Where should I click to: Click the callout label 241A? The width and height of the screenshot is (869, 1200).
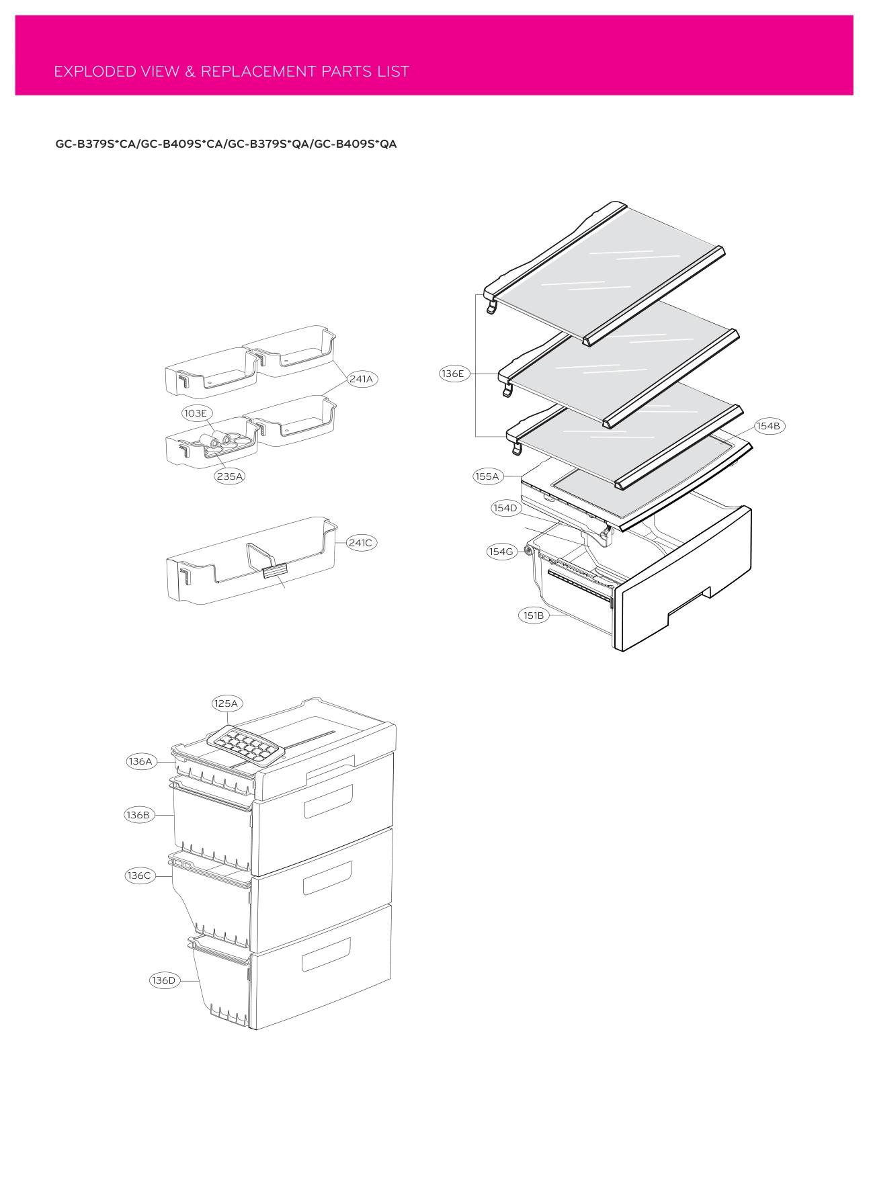361,379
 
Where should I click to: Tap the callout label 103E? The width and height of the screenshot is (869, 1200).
196,413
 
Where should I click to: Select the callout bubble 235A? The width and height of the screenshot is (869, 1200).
230,476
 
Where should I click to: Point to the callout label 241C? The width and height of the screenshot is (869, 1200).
361,543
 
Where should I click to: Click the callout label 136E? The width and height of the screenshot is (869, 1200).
453,374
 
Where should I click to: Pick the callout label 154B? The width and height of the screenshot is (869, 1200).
768,426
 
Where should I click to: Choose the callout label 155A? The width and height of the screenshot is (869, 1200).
487,476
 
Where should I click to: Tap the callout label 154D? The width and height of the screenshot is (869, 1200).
505,508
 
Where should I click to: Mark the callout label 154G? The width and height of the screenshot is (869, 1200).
501,552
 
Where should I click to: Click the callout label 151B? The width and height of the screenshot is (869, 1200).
534,615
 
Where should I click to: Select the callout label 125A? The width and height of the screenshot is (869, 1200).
226,703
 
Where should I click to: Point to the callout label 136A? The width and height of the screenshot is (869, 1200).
140,761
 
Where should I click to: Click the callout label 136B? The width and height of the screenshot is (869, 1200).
138,815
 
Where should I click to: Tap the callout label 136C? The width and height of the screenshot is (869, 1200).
139,875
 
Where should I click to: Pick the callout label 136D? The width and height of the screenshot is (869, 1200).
163,980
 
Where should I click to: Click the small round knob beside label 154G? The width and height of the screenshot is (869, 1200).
528,551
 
